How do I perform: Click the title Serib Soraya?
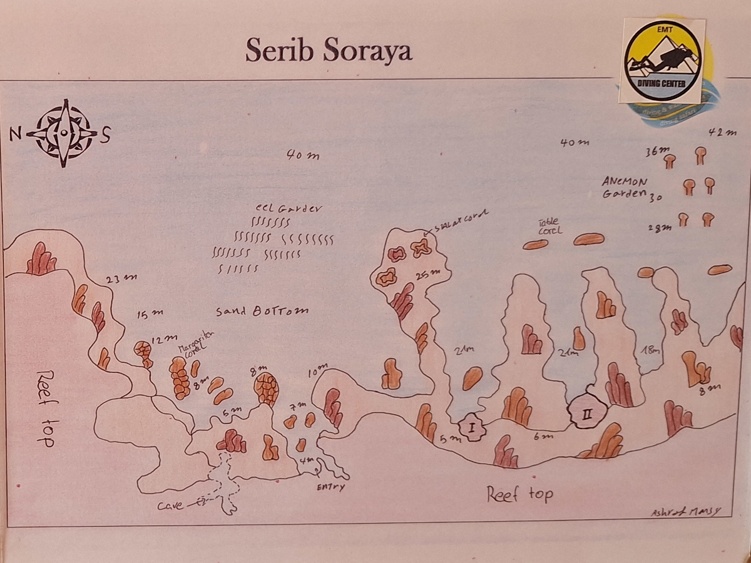(329, 50)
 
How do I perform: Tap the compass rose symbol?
(63, 133)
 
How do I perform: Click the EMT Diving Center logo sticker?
(663, 61)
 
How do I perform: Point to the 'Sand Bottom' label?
(262, 311)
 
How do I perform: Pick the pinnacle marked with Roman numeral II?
(587, 412)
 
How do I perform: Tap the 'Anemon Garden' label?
(623, 187)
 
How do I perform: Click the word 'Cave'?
(171, 505)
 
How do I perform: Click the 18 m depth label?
(650, 351)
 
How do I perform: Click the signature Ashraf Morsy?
(685, 512)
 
